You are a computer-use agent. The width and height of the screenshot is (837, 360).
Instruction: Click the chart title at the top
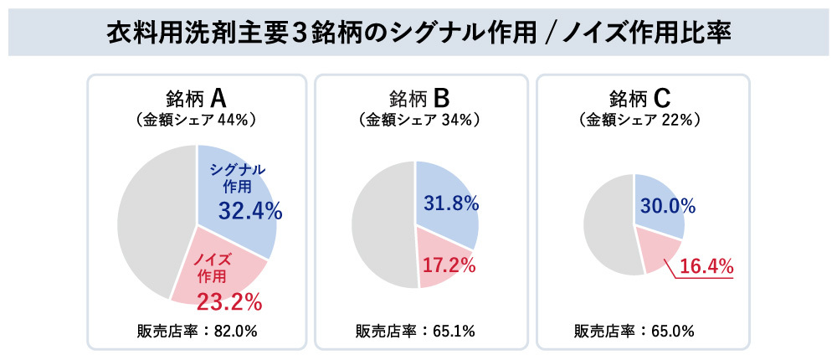pos(418,33)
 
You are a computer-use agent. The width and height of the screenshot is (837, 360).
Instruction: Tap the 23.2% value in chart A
pos(229,297)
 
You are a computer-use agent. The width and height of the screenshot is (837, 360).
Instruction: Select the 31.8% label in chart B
pos(450,203)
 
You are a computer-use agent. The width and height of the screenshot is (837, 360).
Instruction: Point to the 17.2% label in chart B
pos(448,266)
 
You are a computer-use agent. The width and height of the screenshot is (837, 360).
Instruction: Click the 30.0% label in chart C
pos(667,205)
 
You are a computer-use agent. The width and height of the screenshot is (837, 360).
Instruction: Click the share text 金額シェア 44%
pos(195,120)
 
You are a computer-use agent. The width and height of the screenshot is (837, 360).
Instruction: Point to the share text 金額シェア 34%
pos(418,120)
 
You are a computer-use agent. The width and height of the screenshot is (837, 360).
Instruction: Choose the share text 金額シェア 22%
pos(640,120)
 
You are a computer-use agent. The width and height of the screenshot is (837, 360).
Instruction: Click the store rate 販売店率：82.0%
pos(197,330)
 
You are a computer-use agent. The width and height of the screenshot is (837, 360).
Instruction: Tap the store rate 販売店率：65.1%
pos(418,330)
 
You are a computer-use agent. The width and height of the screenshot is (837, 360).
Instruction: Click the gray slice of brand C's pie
pos(607,226)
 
